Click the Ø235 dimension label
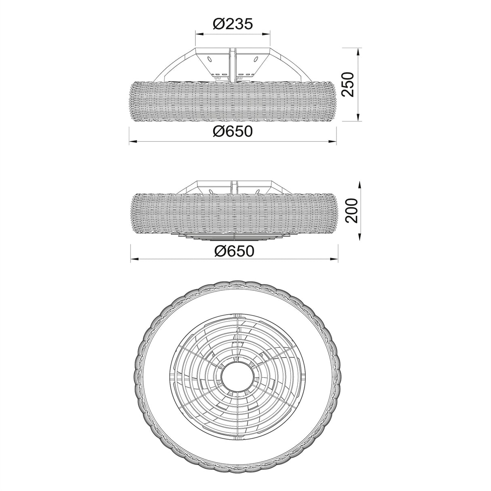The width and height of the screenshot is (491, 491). (x=233, y=24)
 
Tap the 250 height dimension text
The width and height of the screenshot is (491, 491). (x=348, y=84)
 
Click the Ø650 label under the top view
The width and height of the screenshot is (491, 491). (x=233, y=131)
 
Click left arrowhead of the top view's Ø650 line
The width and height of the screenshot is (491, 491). (x=132, y=142)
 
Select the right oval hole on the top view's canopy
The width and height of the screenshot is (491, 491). (x=256, y=60)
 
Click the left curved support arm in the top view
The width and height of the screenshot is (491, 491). (x=170, y=65)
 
